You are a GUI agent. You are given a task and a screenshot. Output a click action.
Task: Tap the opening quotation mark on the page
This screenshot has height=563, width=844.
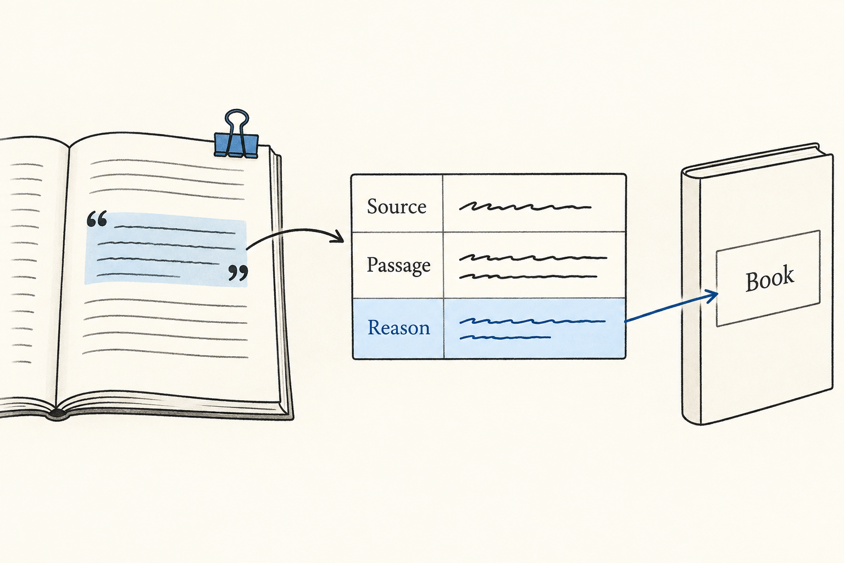pos(97,219)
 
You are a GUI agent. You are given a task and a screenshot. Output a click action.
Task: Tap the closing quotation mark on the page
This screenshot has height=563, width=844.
pos(238,273)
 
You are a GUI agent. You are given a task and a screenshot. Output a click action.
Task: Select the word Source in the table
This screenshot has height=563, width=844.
pos(396,207)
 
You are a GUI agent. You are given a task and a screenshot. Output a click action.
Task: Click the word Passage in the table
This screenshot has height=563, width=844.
pos(398,266)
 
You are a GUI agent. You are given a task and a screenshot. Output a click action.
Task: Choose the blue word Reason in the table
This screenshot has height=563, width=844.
pos(398,327)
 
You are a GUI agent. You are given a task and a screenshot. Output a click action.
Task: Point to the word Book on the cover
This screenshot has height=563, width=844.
pos(769,278)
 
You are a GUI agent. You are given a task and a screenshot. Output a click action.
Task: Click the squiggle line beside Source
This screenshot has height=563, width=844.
pos(525,206)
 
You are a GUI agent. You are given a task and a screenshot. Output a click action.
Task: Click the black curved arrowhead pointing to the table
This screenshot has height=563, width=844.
pos(337,237)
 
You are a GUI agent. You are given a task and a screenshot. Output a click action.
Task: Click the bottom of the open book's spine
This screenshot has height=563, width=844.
pos(57,415)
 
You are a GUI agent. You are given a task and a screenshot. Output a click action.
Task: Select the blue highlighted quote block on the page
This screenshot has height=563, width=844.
pos(166,249)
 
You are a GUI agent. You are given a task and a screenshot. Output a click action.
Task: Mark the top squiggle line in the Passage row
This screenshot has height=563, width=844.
pos(533,258)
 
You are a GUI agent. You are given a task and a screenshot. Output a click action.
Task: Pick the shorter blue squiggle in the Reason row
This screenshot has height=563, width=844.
pos(505,337)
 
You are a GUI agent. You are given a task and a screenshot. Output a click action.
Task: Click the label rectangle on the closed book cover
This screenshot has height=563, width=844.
pos(769,278)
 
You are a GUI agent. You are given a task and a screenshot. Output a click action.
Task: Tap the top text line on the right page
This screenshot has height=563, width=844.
pos(167,165)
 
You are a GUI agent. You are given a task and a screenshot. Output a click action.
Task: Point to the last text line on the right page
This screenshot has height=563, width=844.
pos(165,354)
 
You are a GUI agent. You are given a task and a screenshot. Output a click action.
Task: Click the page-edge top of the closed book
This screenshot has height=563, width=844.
pos(757,159)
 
